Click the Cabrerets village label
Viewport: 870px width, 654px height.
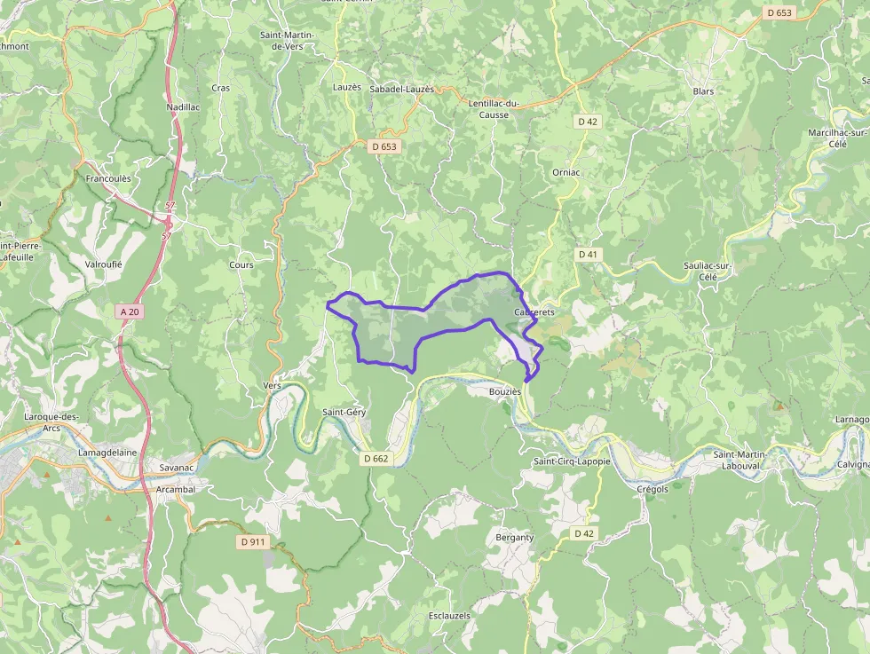point(534,312)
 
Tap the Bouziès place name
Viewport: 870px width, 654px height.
point(504,390)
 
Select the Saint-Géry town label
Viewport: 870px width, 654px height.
point(344,412)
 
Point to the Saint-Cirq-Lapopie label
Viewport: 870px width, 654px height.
point(572,461)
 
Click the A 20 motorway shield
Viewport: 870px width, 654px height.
point(130,311)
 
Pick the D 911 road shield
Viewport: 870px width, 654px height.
point(253,541)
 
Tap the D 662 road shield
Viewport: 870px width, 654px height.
point(376,459)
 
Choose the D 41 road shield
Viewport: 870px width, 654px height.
point(588,255)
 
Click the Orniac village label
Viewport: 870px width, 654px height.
point(565,172)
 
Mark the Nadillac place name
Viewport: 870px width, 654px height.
point(184,107)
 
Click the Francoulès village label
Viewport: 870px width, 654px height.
point(108,178)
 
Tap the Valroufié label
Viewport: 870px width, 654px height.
point(103,264)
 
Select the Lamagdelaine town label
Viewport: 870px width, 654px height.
point(107,452)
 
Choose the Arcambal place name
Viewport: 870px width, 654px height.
point(175,489)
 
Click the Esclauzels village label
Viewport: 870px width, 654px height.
point(449,615)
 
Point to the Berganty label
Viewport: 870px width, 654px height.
point(515,537)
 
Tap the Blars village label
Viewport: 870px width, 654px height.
point(703,91)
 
